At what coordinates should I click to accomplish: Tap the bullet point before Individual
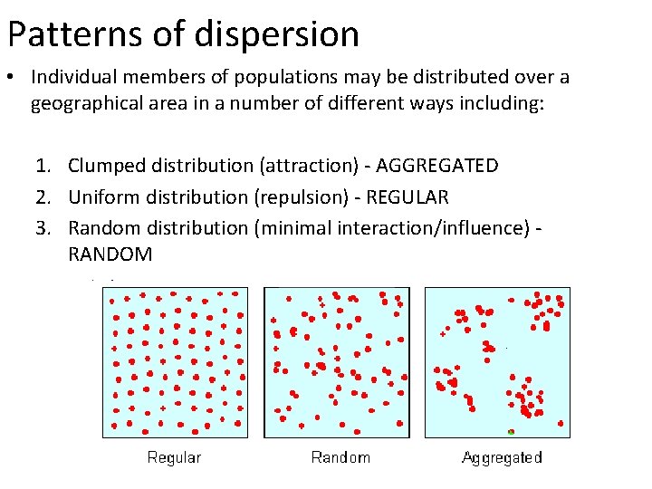[14, 78]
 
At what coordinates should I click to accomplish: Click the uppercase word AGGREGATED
[436, 166]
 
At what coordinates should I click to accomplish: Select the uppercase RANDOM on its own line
[110, 254]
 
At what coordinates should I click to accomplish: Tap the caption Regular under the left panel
[174, 457]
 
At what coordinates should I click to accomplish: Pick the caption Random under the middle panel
[340, 457]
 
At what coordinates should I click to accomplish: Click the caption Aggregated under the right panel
[502, 457]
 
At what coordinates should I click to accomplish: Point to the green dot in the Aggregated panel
[512, 431]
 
